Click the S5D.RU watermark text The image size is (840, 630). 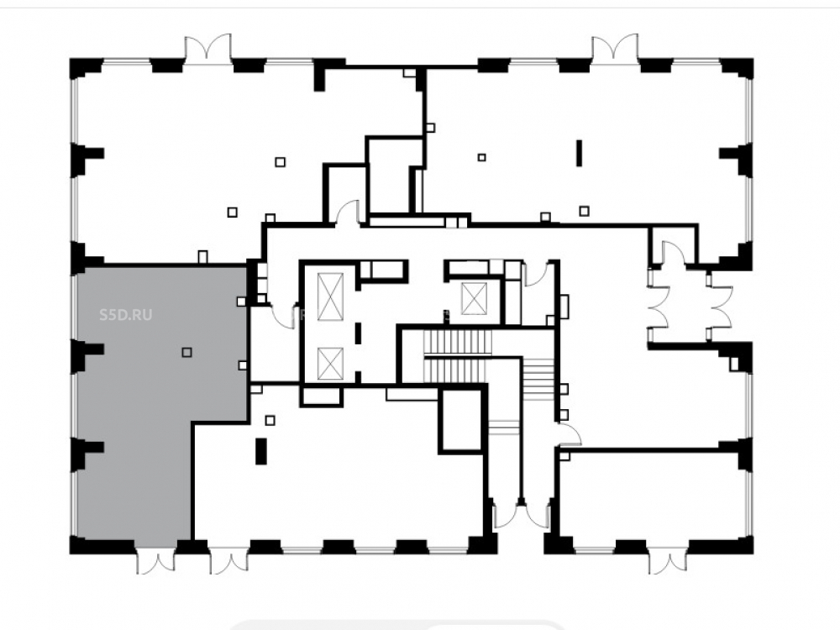tap(126, 314)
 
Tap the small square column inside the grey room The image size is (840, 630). tap(186, 352)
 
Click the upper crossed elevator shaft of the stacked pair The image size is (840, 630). tap(330, 297)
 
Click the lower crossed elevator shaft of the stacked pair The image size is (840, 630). tap(330, 364)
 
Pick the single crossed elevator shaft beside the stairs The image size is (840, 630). tap(474, 298)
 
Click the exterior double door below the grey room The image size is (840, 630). tap(156, 560)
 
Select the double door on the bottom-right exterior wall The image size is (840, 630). tap(668, 560)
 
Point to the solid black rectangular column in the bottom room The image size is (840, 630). tap(261, 451)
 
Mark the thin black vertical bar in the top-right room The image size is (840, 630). tap(579, 153)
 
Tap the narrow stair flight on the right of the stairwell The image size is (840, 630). tap(538, 379)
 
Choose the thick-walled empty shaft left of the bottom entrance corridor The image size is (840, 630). tap(460, 422)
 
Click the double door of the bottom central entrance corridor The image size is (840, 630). tap(521, 513)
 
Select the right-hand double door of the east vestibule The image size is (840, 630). tap(720, 307)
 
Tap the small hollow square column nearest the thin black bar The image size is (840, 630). tap(584, 211)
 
